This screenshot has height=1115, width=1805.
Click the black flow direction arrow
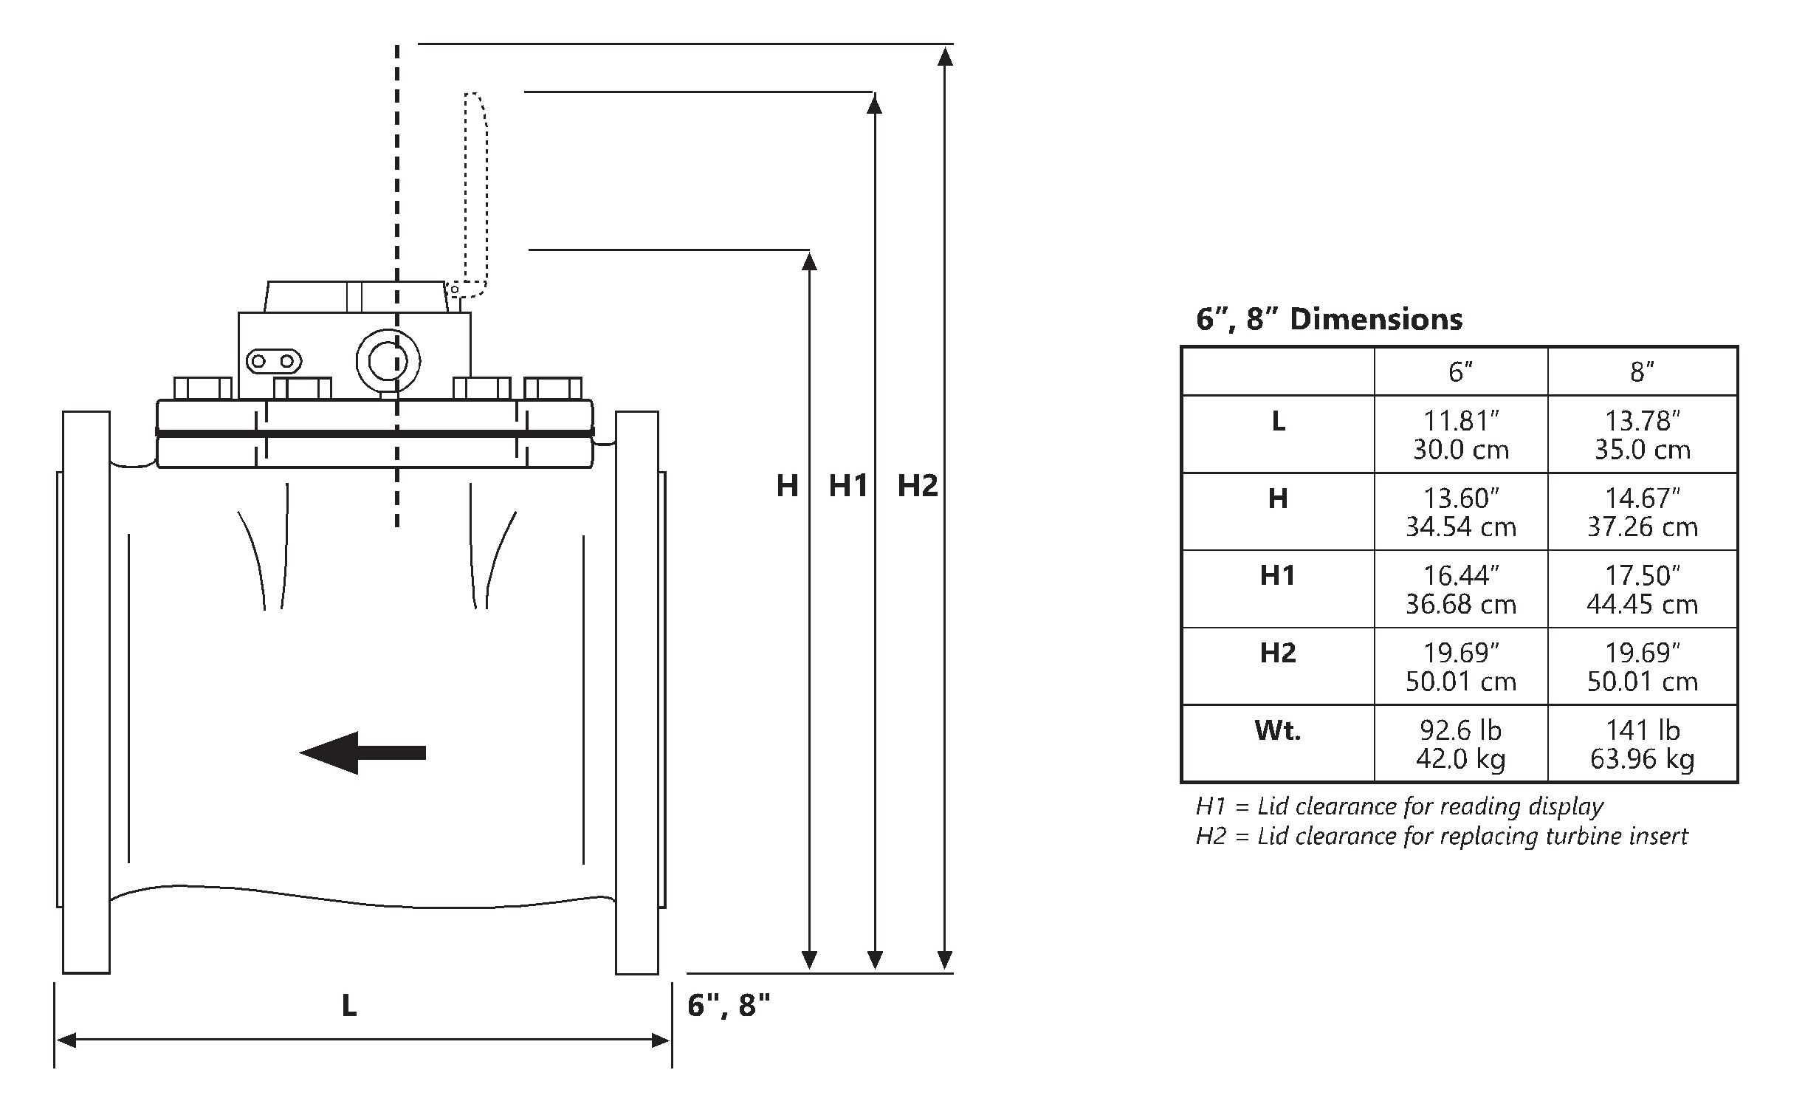tap(362, 752)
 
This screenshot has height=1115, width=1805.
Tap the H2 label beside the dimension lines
tap(918, 486)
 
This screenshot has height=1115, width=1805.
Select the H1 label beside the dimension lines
tap(848, 486)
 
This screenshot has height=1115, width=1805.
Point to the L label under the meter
tap(349, 1005)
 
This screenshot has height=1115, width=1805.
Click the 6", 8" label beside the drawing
tap(729, 1005)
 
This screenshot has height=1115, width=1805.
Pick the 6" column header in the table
tap(1460, 371)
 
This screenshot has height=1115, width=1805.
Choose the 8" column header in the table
tap(1642, 371)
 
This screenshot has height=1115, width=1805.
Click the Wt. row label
tap(1277, 730)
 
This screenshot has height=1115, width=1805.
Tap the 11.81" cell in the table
tap(1460, 435)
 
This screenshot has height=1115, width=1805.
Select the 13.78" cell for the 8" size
tap(1643, 435)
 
